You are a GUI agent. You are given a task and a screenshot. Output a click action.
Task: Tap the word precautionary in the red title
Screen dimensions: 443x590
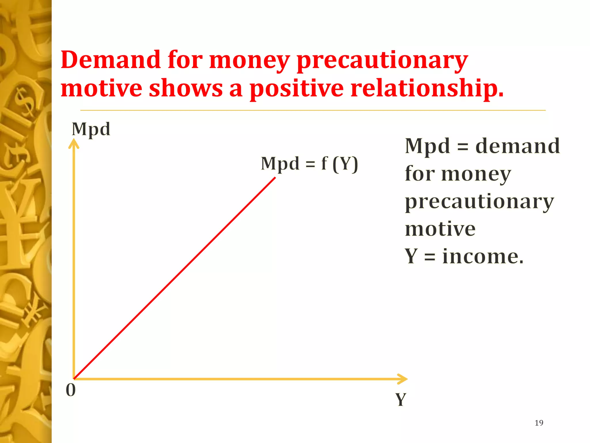click(382, 61)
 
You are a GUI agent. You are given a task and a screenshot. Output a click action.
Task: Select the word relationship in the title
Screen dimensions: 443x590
click(426, 88)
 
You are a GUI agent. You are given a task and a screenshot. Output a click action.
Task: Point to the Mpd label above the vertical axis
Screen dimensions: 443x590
click(91, 129)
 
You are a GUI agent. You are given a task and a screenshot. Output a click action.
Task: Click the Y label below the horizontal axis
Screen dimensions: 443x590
click(400, 400)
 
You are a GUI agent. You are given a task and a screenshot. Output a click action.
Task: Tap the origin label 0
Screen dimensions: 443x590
click(71, 390)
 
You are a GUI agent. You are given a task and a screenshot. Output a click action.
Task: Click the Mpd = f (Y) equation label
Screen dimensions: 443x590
click(309, 164)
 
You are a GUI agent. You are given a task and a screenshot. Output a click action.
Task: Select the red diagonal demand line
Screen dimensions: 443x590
click(175, 278)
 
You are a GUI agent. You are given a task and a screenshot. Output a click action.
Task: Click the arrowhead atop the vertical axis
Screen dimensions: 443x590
click(74, 143)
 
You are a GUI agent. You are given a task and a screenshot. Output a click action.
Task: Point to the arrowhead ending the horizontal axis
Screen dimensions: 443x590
click(403, 379)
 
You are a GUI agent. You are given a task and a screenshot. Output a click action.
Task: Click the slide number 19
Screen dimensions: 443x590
click(539, 423)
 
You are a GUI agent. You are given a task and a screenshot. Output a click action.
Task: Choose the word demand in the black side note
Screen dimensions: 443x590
click(517, 146)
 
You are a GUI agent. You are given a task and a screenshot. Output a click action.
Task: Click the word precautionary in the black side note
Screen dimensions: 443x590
click(479, 202)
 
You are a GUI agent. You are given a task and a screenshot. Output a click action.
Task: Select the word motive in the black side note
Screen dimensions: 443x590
click(440, 229)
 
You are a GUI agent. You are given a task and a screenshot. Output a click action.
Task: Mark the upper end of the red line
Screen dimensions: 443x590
click(275, 178)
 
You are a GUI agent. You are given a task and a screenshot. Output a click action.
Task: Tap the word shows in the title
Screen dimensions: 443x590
click(186, 88)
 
